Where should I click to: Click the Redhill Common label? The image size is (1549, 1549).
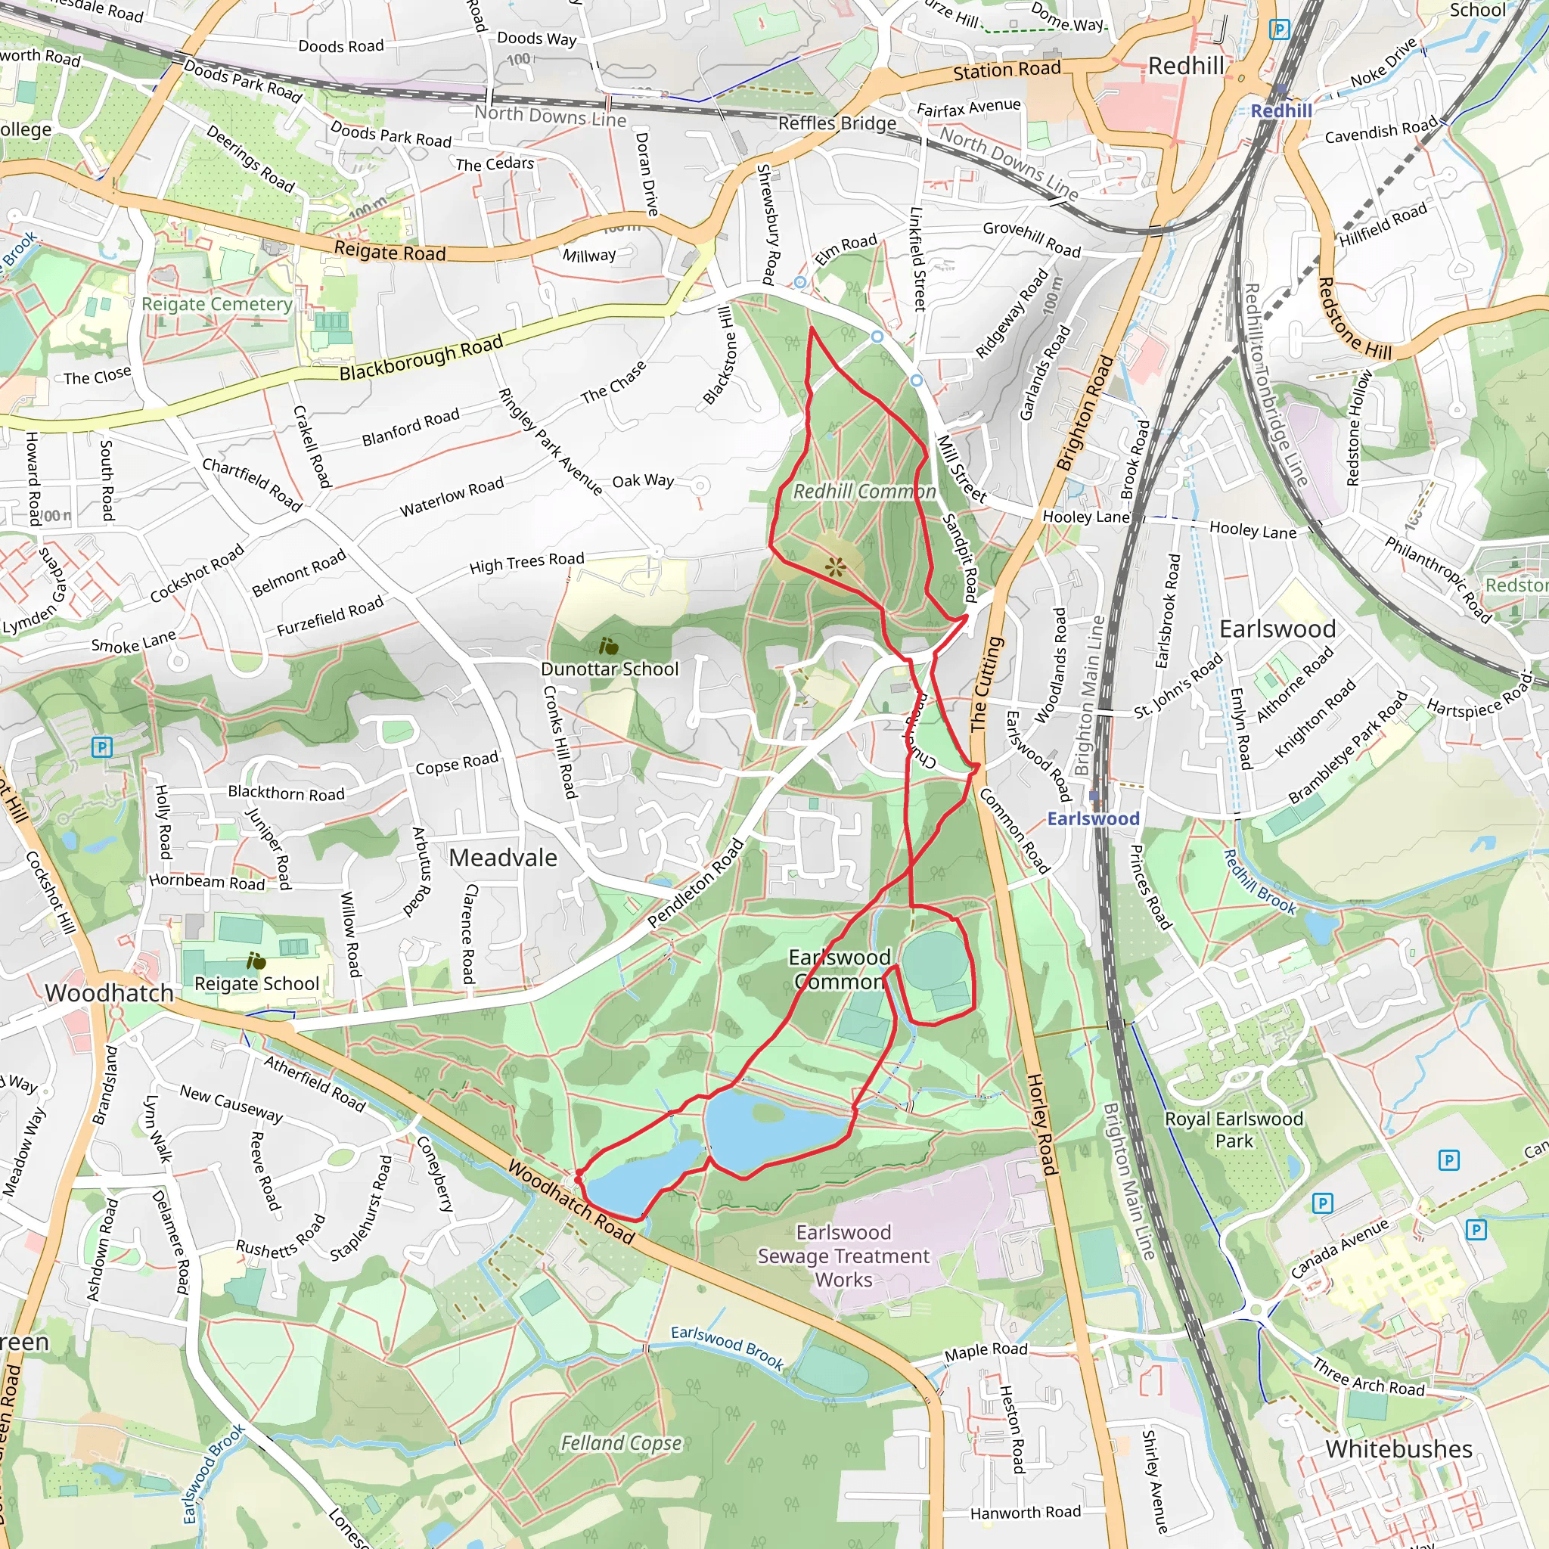[865, 492]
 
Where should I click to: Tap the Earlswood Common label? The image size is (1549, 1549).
[840, 970]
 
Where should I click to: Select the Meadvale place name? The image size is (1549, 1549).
[503, 858]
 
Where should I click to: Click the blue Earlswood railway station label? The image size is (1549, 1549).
[1093, 818]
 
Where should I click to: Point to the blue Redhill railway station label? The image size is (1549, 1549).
[1281, 110]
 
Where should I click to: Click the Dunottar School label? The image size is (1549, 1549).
[610, 669]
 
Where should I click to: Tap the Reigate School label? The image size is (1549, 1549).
[256, 984]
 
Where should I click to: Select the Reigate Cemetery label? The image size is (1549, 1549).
[216, 305]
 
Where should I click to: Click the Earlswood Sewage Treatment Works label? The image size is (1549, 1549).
[843, 1256]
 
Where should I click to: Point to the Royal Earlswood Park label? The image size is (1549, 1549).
[1233, 1130]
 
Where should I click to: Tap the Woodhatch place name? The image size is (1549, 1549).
[109, 993]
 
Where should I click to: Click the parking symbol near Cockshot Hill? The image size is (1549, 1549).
[101, 747]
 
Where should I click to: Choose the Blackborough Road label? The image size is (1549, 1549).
[421, 359]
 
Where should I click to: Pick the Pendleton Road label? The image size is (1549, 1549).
[696, 883]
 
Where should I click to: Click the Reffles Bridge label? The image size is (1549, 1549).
[837, 123]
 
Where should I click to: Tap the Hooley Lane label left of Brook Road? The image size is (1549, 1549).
[1085, 517]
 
